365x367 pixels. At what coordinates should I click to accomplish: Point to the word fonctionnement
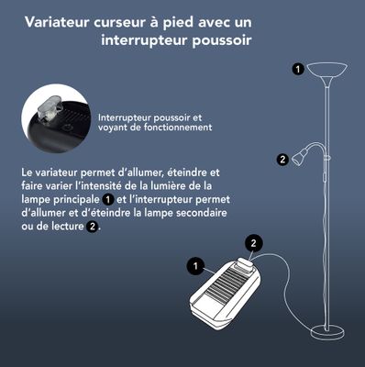[x=180, y=128]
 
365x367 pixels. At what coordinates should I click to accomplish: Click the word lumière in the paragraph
[x=180, y=186]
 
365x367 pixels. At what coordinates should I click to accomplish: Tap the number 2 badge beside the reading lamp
[x=282, y=159]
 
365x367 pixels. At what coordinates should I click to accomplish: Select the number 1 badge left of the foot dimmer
[x=194, y=266]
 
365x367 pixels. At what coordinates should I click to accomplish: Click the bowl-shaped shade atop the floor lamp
[x=327, y=70]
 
